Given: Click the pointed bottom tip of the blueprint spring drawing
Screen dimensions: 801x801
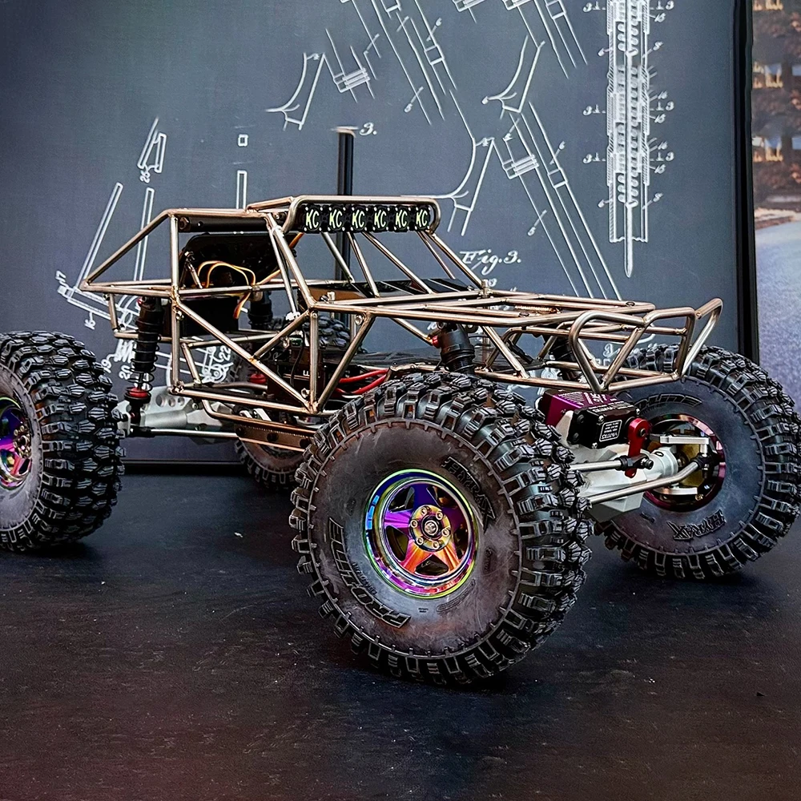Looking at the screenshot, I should point(628,268).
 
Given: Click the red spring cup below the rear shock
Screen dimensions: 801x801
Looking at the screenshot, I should point(139,393).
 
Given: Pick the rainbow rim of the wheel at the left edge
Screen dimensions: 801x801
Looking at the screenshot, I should point(14,441).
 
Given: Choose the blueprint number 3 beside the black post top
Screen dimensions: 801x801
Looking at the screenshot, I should point(369,129).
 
